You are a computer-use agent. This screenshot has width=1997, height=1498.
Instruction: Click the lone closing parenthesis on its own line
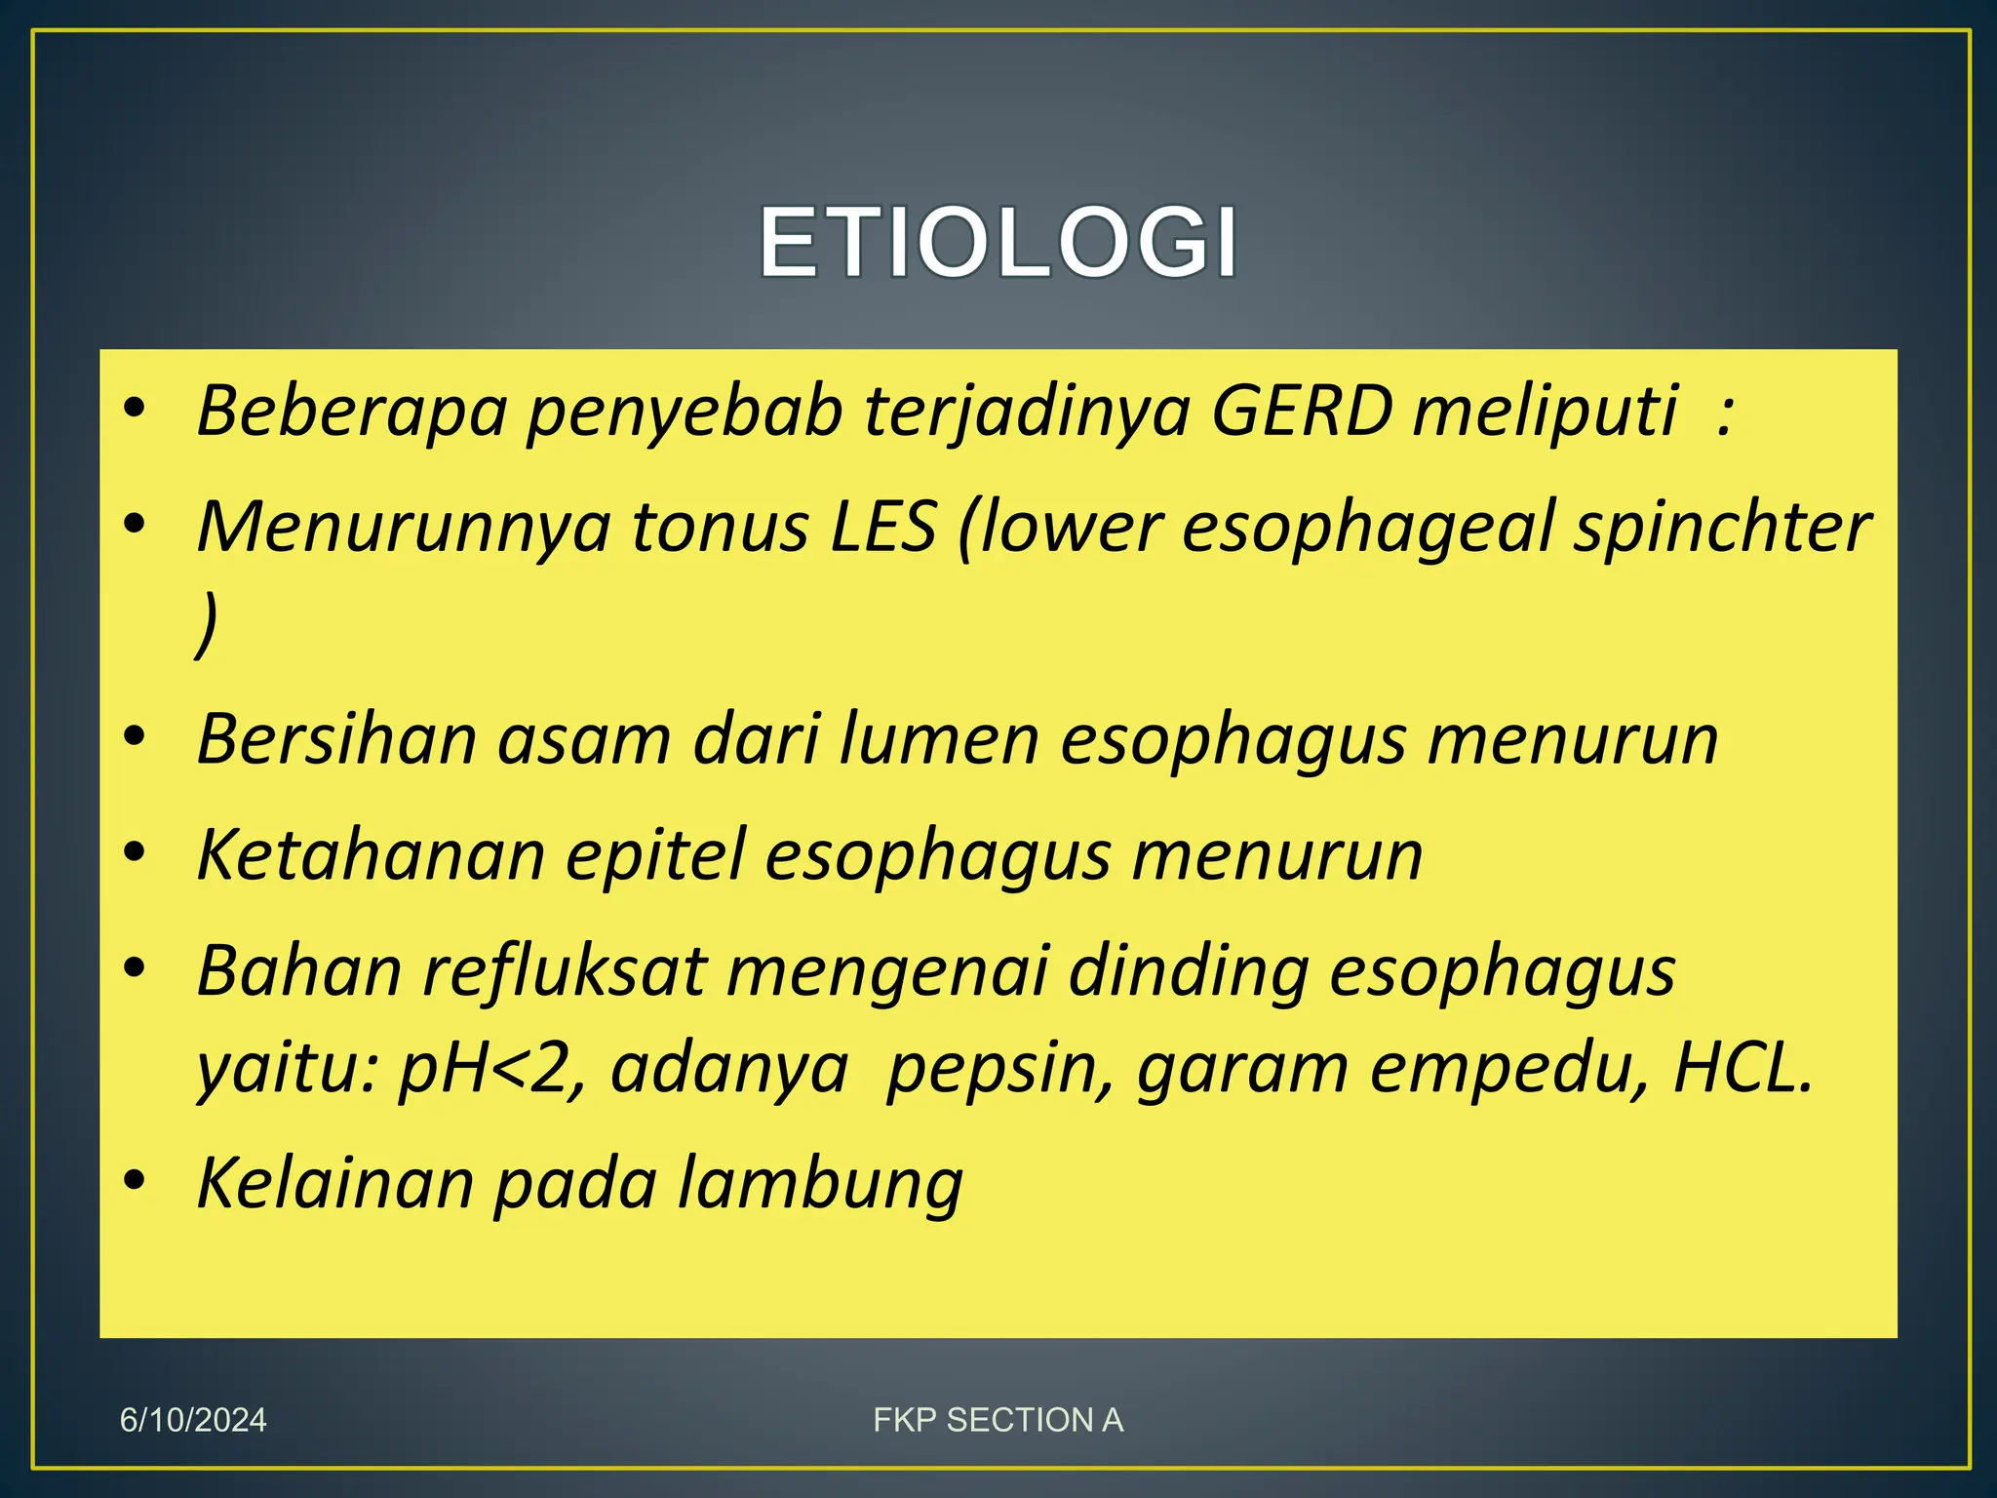click(206, 624)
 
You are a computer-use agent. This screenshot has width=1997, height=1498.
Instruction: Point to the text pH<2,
click(492, 1069)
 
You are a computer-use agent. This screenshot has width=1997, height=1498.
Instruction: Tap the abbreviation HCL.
click(1742, 1067)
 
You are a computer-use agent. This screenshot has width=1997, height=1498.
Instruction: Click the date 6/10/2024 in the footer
click(193, 1420)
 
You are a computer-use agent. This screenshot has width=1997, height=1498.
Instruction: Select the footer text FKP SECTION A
click(998, 1420)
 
